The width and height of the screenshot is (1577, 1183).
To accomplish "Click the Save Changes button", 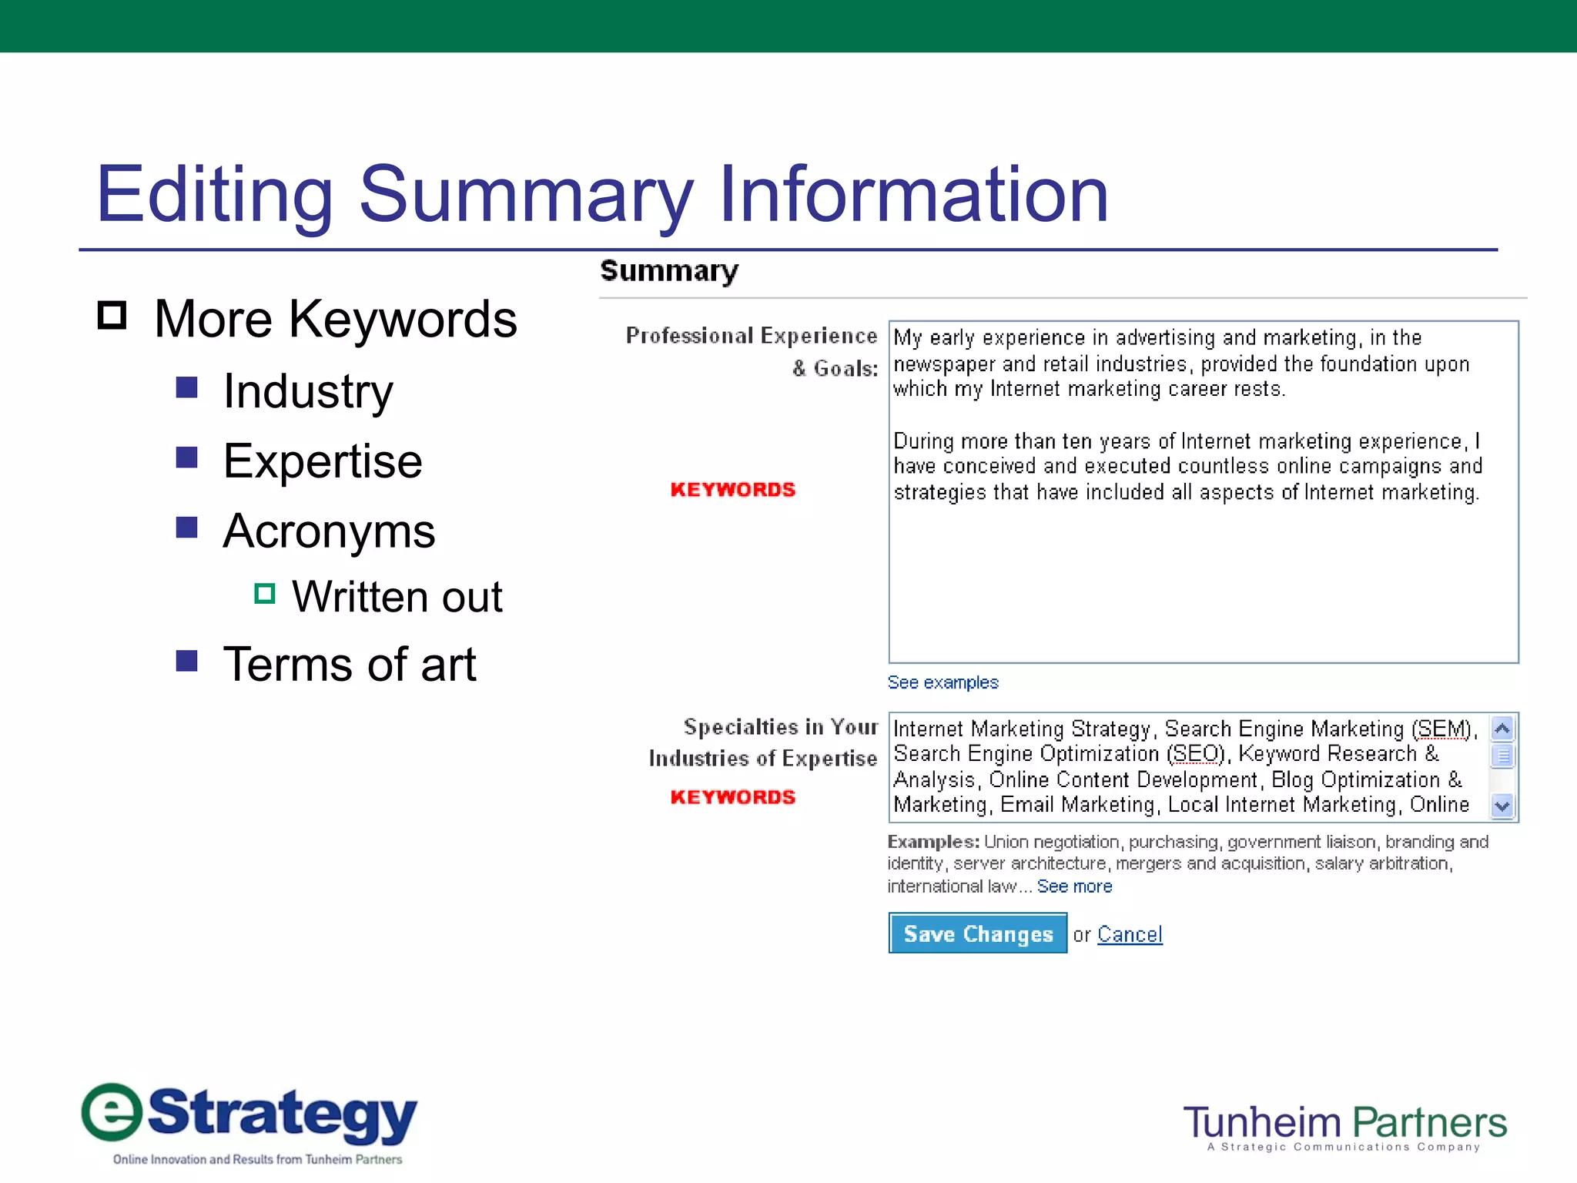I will click(x=977, y=933).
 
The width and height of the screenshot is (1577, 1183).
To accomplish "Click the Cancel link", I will click(x=1129, y=934).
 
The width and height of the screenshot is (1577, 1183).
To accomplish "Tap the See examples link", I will click(x=943, y=682).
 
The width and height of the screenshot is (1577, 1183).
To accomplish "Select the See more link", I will click(x=1074, y=886).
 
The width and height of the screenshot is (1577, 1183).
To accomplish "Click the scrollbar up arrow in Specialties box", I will click(x=1502, y=728).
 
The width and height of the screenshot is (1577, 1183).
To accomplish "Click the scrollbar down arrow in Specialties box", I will click(x=1502, y=806).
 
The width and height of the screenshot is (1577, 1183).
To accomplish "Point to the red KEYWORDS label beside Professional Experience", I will click(x=732, y=490).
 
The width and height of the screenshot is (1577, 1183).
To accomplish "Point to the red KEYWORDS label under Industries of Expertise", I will click(x=732, y=797).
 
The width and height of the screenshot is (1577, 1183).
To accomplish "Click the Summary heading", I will click(x=668, y=271).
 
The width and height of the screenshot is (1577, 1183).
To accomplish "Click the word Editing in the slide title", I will click(x=214, y=195).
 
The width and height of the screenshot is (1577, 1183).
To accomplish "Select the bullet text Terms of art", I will click(x=349, y=664).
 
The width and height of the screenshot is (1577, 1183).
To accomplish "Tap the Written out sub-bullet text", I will click(x=397, y=597).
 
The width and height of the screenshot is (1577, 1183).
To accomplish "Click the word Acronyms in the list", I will click(x=329, y=531).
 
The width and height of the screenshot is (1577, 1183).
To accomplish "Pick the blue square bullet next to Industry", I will click(x=187, y=387).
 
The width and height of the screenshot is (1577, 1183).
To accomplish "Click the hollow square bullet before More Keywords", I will click(x=112, y=315).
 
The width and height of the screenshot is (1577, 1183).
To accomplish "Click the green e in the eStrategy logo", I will click(x=112, y=1112).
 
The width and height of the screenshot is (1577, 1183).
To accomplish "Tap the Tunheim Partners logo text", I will click(x=1344, y=1123).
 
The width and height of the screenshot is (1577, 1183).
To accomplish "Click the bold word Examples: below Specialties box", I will click(x=932, y=842).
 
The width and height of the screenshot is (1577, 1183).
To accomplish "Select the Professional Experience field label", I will click(x=751, y=337).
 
